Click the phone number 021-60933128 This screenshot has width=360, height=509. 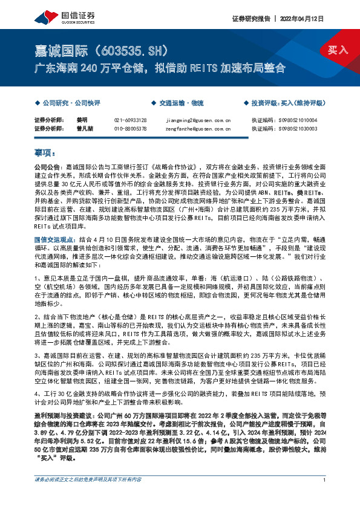(130, 120)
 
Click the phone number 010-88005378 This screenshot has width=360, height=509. (130, 129)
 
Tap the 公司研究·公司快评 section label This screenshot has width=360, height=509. (68, 103)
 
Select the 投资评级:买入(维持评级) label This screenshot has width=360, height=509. (287, 103)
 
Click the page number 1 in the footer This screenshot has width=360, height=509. (326, 497)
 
